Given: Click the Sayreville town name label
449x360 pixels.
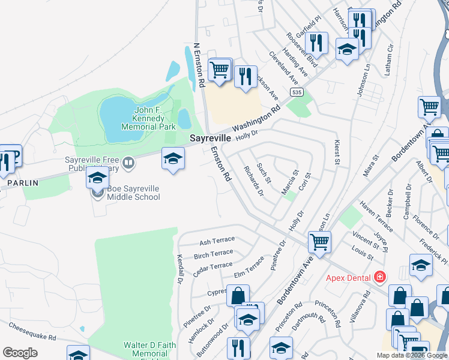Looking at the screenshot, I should click(x=211, y=138).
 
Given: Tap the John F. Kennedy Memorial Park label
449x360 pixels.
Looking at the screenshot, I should click(x=148, y=118).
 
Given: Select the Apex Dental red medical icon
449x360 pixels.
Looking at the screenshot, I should click(x=379, y=277).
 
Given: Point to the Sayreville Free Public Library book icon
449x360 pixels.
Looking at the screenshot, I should click(x=128, y=161).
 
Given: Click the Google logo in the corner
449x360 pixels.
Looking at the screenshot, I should click(x=20, y=353).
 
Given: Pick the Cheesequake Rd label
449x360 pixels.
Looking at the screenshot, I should click(x=32, y=332).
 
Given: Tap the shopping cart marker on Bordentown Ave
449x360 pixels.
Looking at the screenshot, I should click(x=319, y=242).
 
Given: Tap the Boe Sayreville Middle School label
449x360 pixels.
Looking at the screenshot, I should click(x=133, y=193).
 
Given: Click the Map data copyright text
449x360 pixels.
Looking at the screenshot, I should click(x=412, y=355).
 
